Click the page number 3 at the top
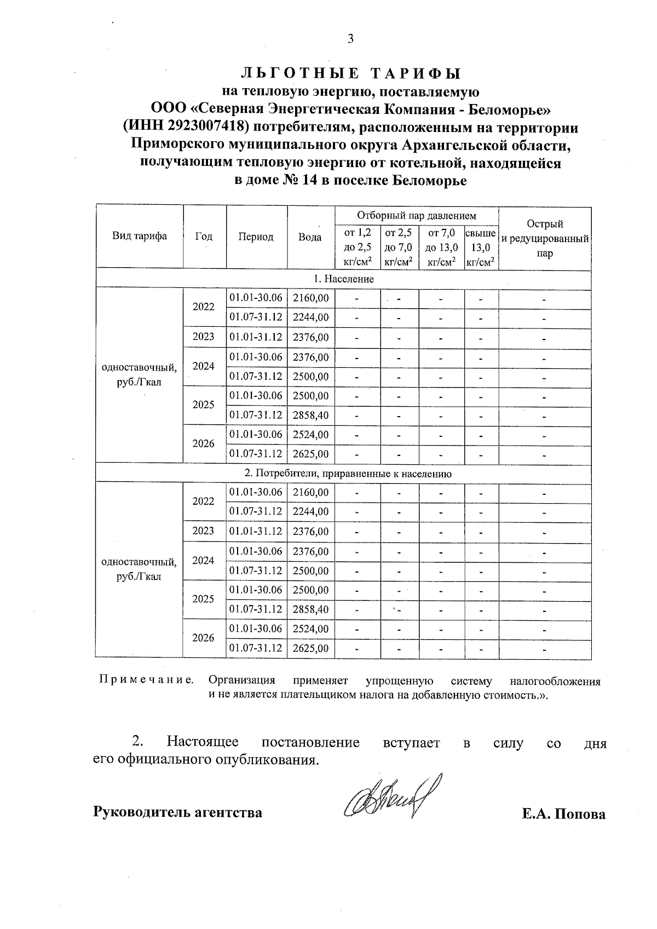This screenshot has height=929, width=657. [x=351, y=39]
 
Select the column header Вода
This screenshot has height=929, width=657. [x=310, y=237]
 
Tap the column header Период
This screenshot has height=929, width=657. [x=256, y=237]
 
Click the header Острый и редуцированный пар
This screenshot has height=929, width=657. [x=544, y=238]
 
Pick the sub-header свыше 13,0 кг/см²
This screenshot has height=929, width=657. [x=481, y=248]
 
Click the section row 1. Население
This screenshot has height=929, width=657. [x=343, y=279]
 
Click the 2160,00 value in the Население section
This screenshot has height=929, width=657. [x=310, y=298]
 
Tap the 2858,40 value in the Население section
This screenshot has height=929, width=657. [x=310, y=415]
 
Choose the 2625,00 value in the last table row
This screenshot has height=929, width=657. [x=310, y=648]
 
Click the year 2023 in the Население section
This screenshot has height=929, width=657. [x=204, y=337]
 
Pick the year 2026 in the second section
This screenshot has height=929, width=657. [x=204, y=638]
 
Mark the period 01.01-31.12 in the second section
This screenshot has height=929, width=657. [x=256, y=531]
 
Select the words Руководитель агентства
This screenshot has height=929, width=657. [x=178, y=812]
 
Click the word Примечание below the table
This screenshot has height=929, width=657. [x=146, y=680]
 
